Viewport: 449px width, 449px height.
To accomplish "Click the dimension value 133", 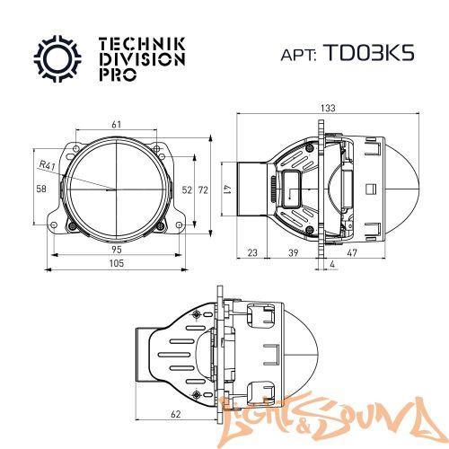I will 328,108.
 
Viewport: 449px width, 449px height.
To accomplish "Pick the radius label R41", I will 47,165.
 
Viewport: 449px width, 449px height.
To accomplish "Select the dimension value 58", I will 40,189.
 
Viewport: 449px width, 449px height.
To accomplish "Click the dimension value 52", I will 187,189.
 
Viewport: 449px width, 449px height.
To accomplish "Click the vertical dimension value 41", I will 228,189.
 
